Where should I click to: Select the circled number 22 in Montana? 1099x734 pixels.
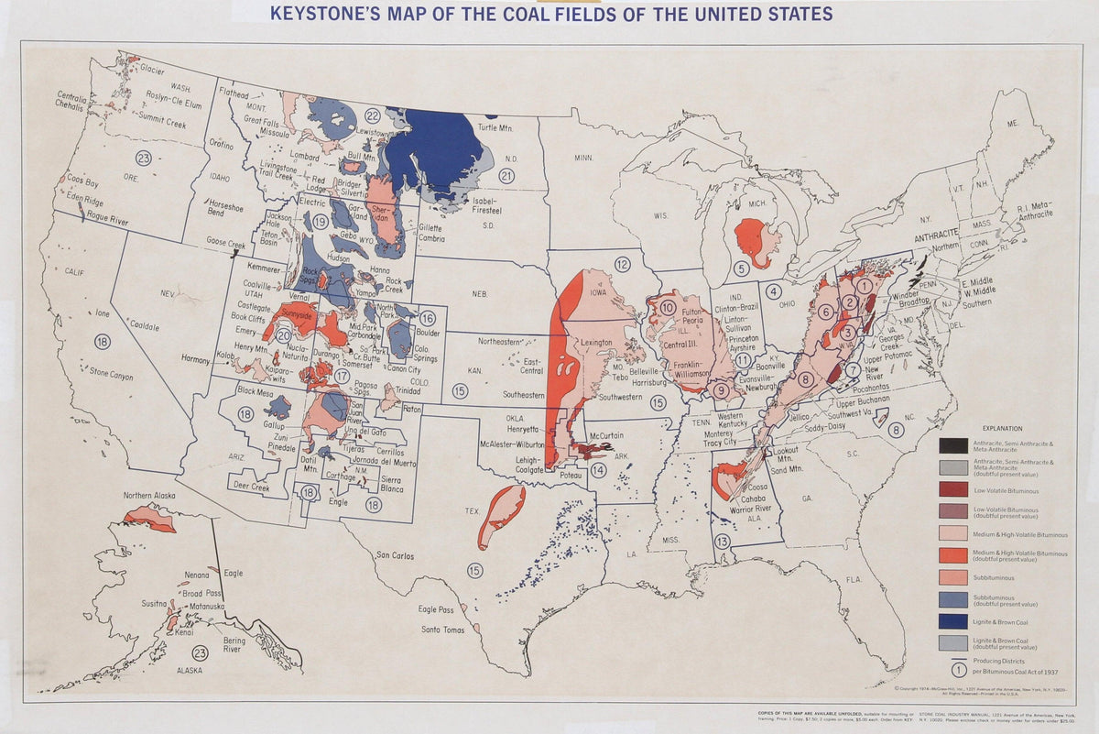point(372,115)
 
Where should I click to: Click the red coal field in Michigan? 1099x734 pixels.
point(756,241)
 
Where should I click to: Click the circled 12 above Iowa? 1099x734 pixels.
point(623,265)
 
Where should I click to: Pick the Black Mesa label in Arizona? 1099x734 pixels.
point(257,390)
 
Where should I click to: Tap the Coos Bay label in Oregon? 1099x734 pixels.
point(82,181)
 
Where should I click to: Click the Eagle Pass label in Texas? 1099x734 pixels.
point(437,609)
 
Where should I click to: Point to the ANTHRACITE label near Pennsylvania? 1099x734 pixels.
point(941,235)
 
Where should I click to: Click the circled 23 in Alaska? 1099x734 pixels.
point(200,652)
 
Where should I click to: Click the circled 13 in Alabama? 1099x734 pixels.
point(723,542)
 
